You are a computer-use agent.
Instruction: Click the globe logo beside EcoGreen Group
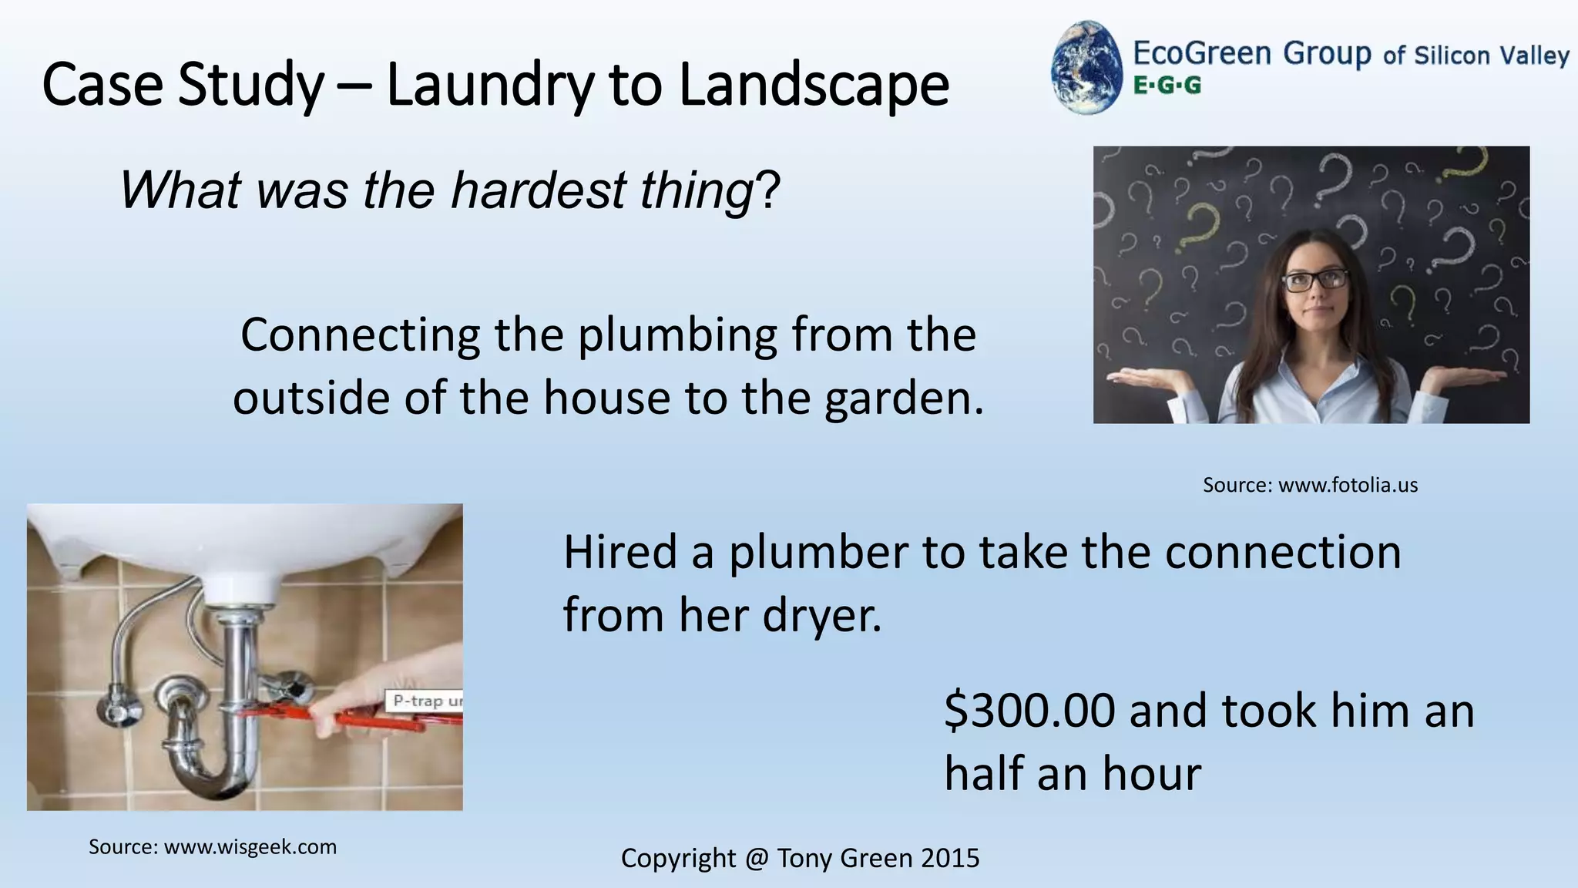point(1086,68)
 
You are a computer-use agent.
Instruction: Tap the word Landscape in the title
point(814,85)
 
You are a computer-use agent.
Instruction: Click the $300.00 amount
point(1029,711)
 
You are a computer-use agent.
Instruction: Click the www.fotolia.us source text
point(1348,485)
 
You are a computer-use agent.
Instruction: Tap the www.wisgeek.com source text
point(250,847)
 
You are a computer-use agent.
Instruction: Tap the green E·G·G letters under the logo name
point(1167,86)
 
